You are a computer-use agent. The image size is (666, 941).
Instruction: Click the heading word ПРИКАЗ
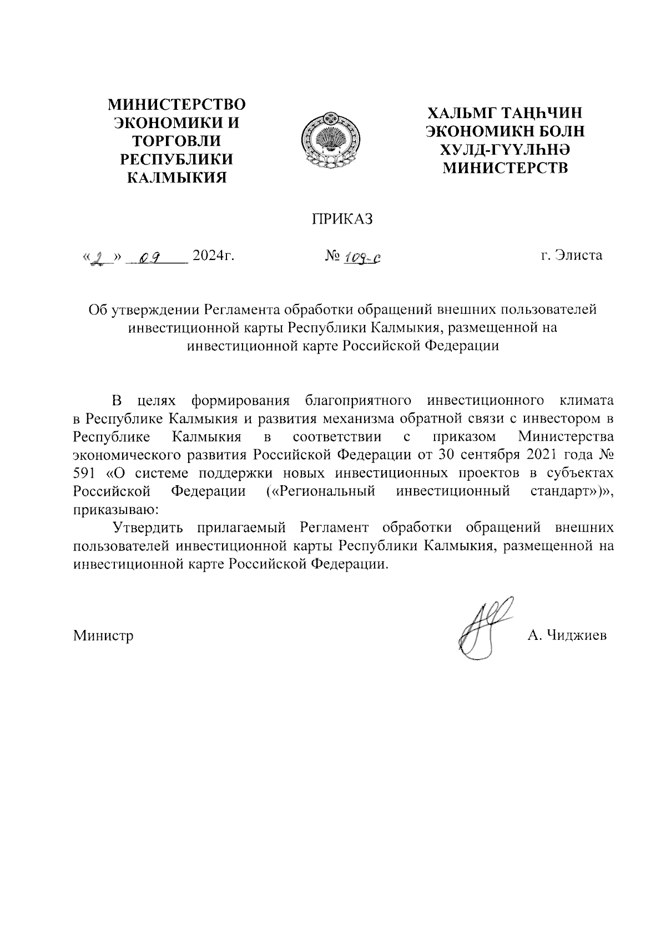coord(342,219)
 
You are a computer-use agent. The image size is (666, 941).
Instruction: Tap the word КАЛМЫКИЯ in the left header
coord(177,178)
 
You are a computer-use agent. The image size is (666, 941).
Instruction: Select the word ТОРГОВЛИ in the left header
coord(177,141)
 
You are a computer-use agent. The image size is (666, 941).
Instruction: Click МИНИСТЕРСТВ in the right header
coord(504,167)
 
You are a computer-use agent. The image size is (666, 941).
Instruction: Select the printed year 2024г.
coord(212,256)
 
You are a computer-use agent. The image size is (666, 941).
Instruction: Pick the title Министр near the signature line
coord(104,635)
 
